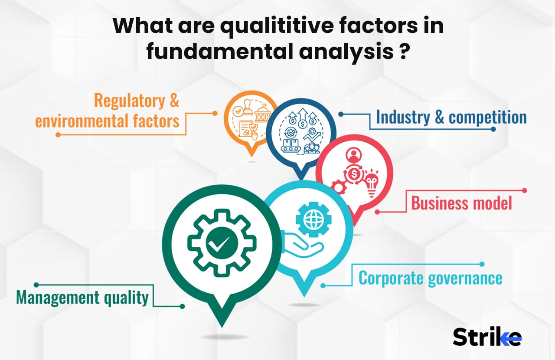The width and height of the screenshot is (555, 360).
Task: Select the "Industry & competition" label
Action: click(x=451, y=117)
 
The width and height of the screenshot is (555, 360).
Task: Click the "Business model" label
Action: click(x=461, y=203)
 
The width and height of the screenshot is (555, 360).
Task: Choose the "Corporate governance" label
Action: click(x=430, y=278)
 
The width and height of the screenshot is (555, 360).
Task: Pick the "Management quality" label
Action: click(x=82, y=298)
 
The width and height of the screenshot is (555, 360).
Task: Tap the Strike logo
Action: click(x=487, y=337)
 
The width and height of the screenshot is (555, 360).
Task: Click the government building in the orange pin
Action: click(x=261, y=114)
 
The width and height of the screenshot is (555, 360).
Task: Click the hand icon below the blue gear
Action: click(x=304, y=247)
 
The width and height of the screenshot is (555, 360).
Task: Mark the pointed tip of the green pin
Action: click(x=222, y=326)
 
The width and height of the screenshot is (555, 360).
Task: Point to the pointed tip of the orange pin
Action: click(x=250, y=156)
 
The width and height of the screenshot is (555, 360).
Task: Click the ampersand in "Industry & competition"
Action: click(x=439, y=117)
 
